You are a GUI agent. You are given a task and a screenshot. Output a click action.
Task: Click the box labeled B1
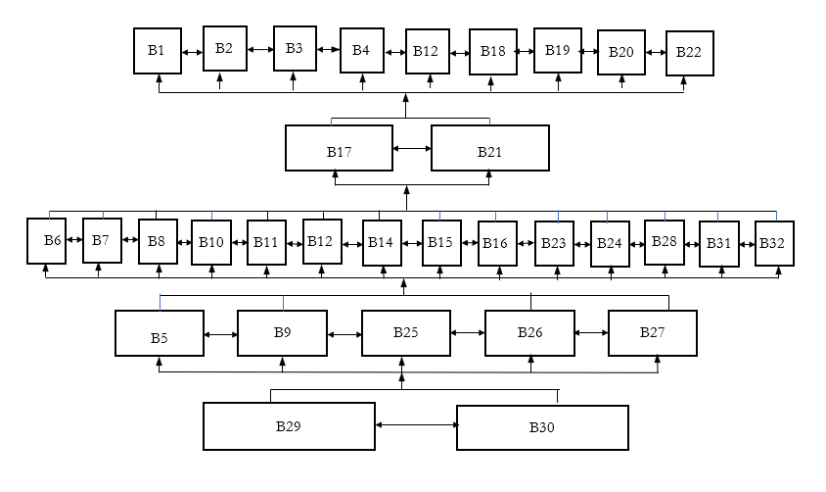pos(158,50)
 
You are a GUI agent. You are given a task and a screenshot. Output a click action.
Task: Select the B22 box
pos(690,53)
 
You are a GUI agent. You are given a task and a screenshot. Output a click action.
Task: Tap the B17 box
pos(339,148)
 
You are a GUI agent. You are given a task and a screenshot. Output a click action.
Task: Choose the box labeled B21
pos(489,148)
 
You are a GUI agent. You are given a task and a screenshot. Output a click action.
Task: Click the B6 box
pos(46,240)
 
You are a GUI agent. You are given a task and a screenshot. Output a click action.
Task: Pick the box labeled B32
pos(774,244)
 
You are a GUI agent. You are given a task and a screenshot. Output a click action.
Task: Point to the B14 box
pos(382,243)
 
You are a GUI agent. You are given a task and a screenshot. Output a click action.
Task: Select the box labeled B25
pos(406,333)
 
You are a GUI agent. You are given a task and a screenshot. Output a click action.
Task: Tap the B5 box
pos(160,333)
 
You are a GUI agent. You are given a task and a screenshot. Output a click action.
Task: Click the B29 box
pos(289,426)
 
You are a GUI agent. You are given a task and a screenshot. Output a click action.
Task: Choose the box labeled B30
pos(542,427)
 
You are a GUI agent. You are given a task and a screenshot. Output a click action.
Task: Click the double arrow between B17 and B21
pos(412,149)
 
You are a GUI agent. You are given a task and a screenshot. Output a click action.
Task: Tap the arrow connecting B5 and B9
pos(221,334)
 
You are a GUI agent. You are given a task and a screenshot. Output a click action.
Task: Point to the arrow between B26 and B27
pos(591,333)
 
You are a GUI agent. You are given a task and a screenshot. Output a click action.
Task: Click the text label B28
pos(665,241)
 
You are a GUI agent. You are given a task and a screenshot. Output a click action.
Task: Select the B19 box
pos(557,50)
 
